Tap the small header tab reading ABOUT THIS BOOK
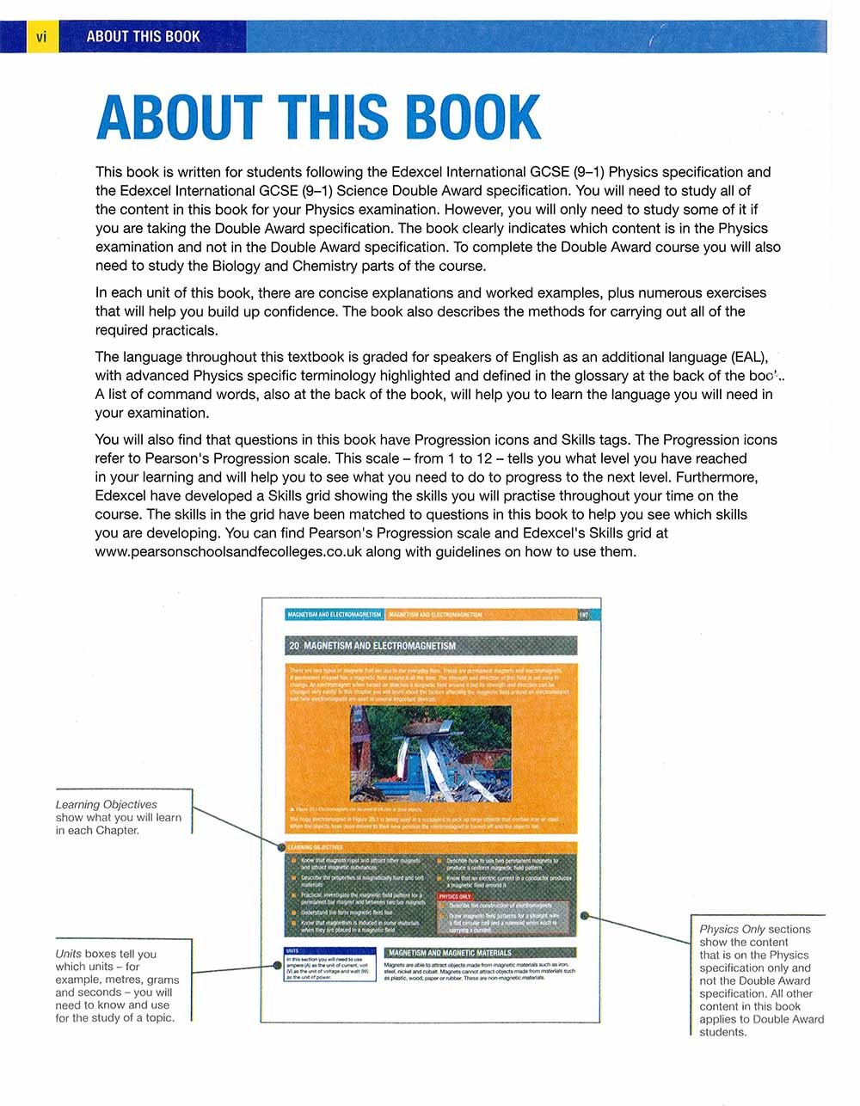[143, 37]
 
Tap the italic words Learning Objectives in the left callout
[106, 804]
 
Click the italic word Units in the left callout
[68, 954]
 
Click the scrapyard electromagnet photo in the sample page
[431, 754]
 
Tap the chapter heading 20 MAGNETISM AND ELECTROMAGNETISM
[373, 645]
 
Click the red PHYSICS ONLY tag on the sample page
[454, 896]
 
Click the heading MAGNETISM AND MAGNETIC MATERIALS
[450, 953]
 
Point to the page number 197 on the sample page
[584, 615]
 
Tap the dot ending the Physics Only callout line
[585, 916]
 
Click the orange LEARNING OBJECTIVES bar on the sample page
[315, 847]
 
